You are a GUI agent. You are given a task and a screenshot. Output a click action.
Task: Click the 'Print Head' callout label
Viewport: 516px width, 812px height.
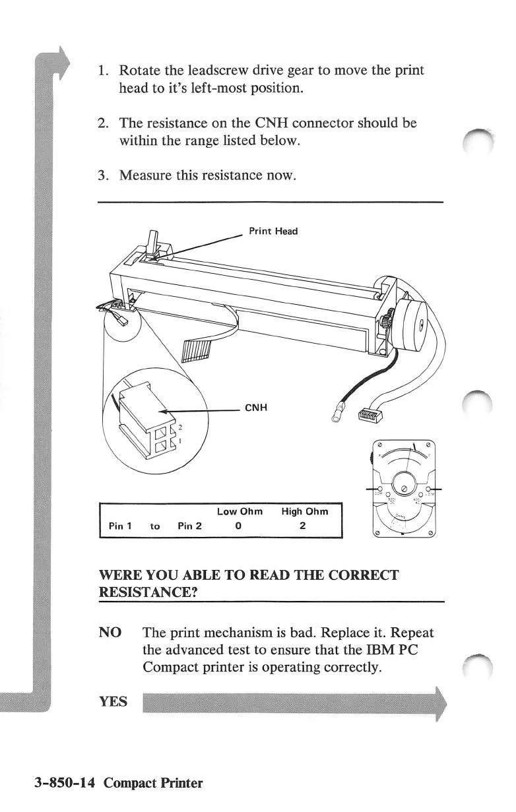coord(273,231)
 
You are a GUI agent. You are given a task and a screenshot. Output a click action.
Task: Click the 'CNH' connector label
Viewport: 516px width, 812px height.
coord(255,408)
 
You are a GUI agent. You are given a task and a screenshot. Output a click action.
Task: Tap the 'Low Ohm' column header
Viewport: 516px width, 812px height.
coord(240,511)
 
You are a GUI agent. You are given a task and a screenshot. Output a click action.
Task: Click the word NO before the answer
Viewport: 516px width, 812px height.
coord(110,633)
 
